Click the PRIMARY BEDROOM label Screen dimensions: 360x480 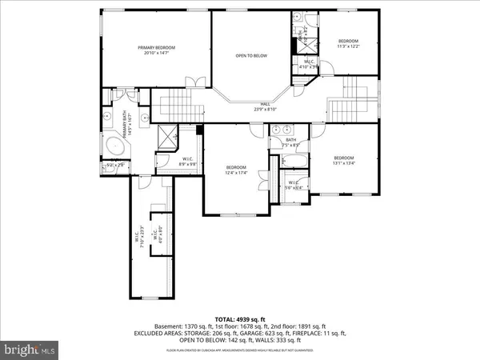click(156, 48)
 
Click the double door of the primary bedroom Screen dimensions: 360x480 click(192, 82)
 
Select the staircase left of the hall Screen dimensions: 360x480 click(171, 102)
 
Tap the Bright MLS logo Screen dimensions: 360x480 click(31, 349)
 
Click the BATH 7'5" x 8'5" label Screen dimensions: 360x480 click(290, 142)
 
